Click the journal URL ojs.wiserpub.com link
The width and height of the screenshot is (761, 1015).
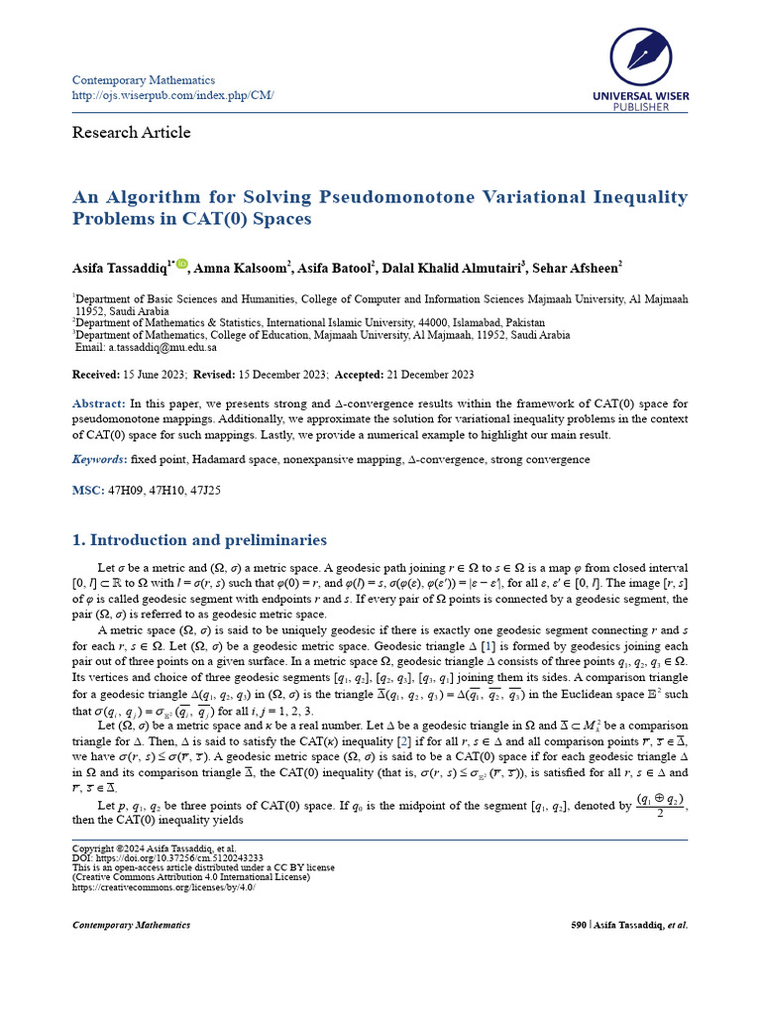coord(172,95)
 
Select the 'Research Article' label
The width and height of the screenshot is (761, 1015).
coord(131,133)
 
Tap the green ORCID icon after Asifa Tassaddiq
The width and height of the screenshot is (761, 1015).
coord(182,265)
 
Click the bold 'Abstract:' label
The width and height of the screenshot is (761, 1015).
coord(99,404)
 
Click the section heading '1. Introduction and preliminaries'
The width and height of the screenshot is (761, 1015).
coord(199,540)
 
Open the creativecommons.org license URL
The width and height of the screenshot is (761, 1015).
coord(163,887)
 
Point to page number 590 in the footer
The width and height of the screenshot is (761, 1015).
coord(580,925)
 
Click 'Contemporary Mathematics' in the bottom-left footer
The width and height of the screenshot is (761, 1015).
coord(131,925)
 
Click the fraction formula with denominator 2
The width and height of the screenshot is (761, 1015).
coord(660,806)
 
